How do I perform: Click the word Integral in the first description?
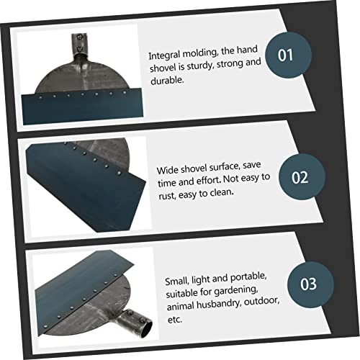pyautogui.click(x=164, y=55)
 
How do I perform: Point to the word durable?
pyautogui.click(x=167, y=81)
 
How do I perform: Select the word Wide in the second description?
pyautogui.click(x=167, y=170)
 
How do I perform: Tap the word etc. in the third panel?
pyautogui.click(x=175, y=320)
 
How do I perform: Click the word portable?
pyautogui.click(x=248, y=277)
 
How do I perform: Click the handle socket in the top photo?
pyautogui.click(x=79, y=44)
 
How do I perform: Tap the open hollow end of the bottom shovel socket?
pyautogui.click(x=146, y=329)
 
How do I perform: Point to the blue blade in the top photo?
pyautogui.click(x=82, y=107)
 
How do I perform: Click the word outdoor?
pyautogui.click(x=261, y=301)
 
